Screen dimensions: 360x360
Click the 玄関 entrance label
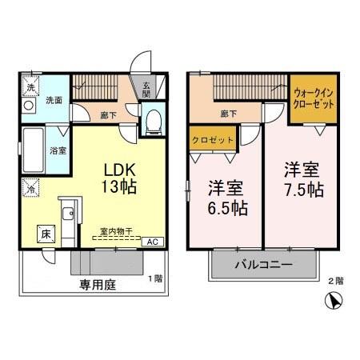tap(149, 90)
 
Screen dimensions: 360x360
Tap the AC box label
tap(151, 239)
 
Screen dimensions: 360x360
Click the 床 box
tap(45, 234)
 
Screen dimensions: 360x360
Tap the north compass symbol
tap(337, 302)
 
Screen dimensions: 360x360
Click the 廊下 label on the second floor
tap(227, 113)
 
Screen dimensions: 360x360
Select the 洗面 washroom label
tap(54, 101)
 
